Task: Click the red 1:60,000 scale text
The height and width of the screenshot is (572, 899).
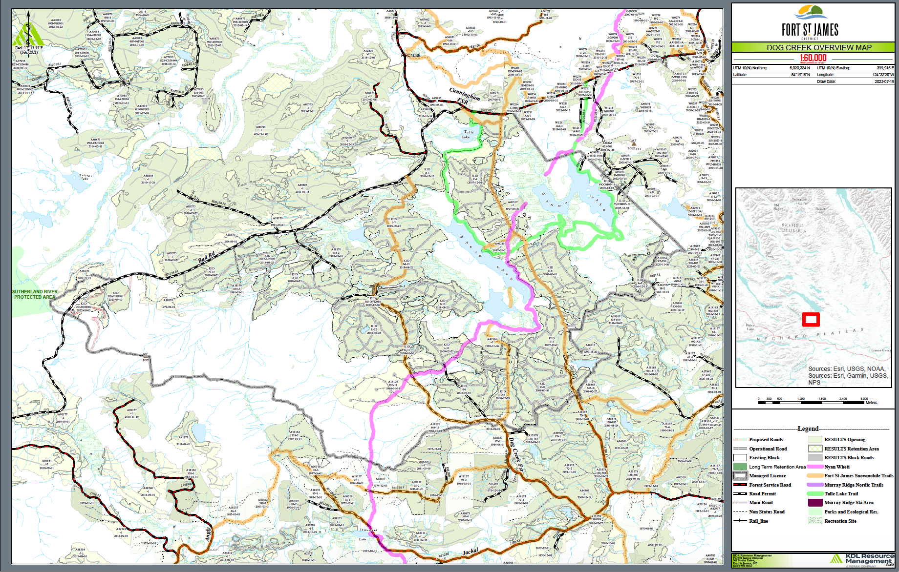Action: (x=813, y=58)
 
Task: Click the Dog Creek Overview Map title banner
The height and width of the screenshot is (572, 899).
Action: (x=819, y=47)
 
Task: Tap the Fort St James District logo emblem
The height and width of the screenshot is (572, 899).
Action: (x=810, y=12)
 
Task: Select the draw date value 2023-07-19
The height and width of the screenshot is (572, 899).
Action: (x=884, y=82)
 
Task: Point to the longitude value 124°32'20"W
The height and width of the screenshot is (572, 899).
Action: (x=883, y=75)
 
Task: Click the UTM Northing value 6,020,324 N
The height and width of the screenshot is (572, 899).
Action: (x=799, y=68)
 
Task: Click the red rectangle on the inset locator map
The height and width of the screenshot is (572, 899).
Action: (x=811, y=320)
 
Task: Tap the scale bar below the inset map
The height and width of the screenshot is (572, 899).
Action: (x=811, y=403)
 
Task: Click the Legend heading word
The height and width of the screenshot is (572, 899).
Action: (x=808, y=429)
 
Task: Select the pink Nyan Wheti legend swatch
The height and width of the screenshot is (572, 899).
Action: (x=815, y=467)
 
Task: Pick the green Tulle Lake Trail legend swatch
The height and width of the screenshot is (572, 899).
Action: (x=815, y=493)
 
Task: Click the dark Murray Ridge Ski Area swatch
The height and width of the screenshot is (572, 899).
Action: (x=815, y=503)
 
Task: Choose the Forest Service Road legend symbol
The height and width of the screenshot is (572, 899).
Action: (x=740, y=485)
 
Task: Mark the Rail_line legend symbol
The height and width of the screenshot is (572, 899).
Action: (x=740, y=521)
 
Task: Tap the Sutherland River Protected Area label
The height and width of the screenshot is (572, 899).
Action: (x=35, y=294)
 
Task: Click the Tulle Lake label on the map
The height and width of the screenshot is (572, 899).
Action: (x=468, y=134)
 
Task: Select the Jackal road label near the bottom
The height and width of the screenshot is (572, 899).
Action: (x=470, y=552)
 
